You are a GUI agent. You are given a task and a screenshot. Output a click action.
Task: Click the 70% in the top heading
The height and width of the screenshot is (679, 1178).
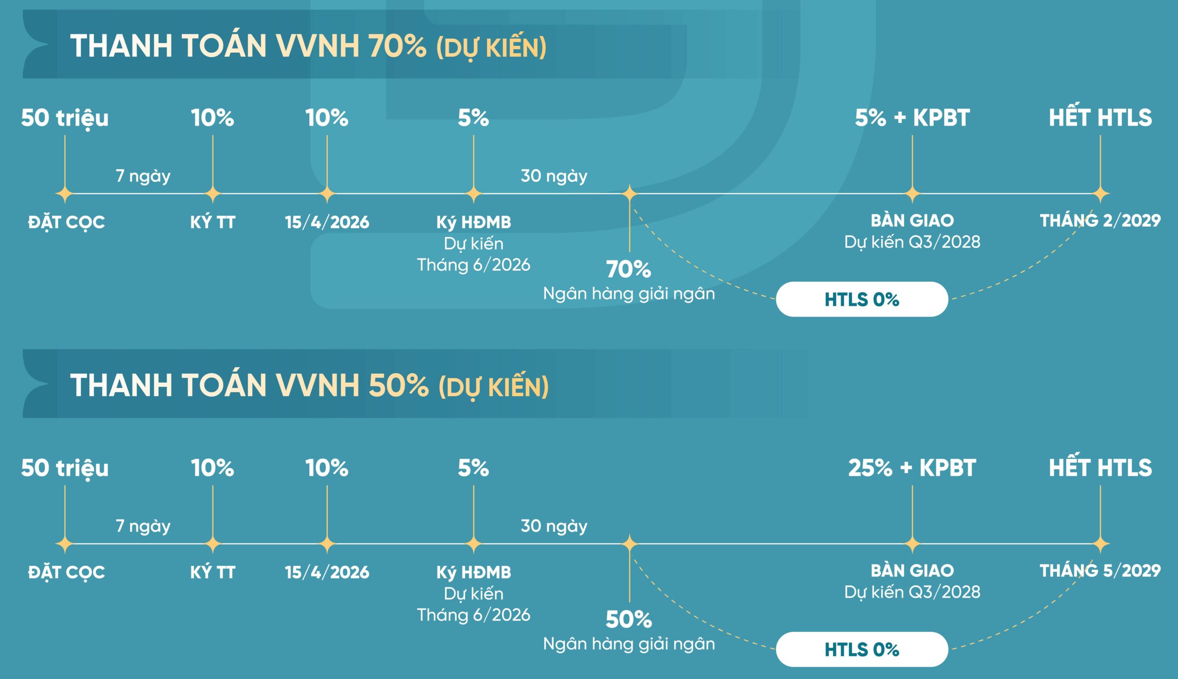[x=397, y=46]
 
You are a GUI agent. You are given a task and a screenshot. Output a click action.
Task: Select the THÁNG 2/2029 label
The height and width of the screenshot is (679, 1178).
[x=1100, y=220]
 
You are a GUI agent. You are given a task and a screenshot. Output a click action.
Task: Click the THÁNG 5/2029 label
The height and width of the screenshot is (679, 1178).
[x=1100, y=570]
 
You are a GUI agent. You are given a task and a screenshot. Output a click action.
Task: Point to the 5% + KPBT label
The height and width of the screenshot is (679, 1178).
[x=912, y=117]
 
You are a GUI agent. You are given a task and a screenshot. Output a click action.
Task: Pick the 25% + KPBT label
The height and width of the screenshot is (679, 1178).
[x=912, y=468]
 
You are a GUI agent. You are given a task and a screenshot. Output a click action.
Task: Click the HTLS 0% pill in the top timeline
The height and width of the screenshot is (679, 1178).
[x=861, y=299]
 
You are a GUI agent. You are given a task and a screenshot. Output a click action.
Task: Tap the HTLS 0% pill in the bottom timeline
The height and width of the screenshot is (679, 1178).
[x=861, y=649]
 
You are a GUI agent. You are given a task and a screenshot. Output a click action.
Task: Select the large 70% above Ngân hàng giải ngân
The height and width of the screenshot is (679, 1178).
[x=628, y=269]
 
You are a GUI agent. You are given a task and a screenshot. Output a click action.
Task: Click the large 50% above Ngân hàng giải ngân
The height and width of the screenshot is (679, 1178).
[x=628, y=619]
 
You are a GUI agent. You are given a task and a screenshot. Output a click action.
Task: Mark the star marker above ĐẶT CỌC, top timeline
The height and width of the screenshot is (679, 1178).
[x=65, y=194]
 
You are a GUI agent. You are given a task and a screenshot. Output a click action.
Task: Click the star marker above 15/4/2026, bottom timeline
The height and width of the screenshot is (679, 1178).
[x=327, y=544]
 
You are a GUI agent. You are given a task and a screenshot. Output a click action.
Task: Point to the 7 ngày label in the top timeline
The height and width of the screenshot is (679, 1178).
[x=143, y=176]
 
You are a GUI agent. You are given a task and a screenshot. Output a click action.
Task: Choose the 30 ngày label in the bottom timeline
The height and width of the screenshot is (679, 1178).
[x=554, y=526]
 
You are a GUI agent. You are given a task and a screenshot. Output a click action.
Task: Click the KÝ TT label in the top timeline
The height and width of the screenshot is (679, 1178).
[x=213, y=222]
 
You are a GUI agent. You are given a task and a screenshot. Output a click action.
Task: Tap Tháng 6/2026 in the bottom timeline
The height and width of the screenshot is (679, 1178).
[x=474, y=615]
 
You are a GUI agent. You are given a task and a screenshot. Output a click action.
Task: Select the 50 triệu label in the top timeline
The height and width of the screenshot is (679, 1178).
[x=65, y=117]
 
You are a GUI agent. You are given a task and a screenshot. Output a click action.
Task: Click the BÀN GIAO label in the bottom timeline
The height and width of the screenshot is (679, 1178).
[x=912, y=570]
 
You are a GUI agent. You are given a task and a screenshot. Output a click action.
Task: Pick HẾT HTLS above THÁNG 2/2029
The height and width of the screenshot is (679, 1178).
[x=1100, y=117]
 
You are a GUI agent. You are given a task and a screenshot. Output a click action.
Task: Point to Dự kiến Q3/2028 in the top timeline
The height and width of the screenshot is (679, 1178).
[x=912, y=242]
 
